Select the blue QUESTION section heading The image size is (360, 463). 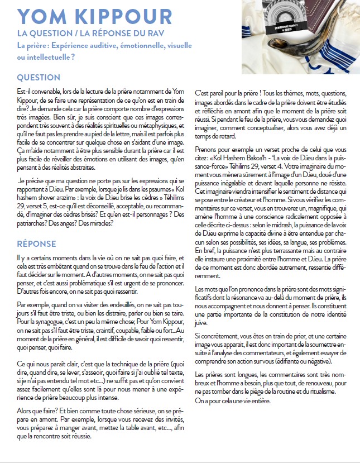point(39,78)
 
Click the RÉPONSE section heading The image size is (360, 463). point(37,244)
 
